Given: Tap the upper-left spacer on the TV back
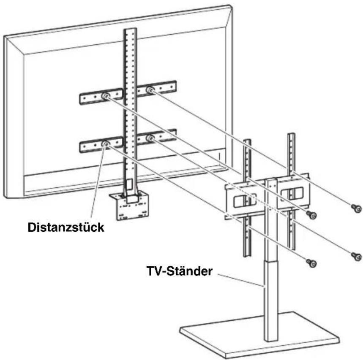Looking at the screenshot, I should pyautogui.click(x=104, y=97).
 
